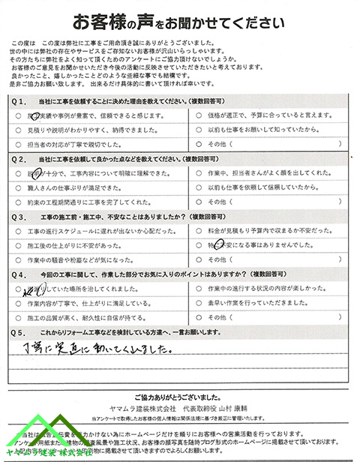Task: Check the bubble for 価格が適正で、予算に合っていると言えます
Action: click(198, 115)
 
